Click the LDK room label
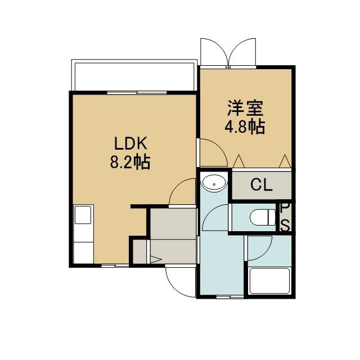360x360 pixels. point(130,144)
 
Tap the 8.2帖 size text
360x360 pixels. point(130,163)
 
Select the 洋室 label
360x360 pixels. point(245,108)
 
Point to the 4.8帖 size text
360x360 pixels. point(245,126)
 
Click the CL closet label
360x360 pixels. point(262,185)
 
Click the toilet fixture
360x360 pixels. point(263,218)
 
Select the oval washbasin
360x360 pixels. point(214,183)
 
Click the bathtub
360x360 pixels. point(269,281)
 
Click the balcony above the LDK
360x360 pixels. point(134,75)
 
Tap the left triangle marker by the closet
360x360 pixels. point(238,161)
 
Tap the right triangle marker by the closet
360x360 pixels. point(285,161)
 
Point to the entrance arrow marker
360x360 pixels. point(156,260)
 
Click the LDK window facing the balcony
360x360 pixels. point(137,92)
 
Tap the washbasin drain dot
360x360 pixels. point(214,184)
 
